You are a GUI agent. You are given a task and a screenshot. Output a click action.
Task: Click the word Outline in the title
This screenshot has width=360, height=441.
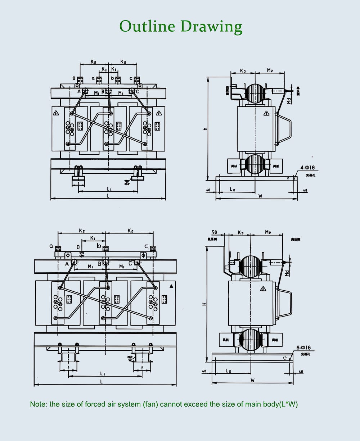click(147, 27)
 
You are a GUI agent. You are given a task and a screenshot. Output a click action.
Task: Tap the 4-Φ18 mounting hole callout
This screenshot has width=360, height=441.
click(308, 168)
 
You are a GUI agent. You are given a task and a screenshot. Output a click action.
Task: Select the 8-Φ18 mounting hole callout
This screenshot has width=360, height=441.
click(303, 348)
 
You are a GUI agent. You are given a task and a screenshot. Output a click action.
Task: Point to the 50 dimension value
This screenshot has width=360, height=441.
click(214, 232)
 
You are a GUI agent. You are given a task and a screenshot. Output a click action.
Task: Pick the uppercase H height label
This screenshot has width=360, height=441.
click(204, 304)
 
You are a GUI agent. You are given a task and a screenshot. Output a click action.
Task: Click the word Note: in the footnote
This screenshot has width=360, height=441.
click(39, 404)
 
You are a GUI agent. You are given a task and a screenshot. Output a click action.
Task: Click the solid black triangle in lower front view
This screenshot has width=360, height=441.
click(171, 286)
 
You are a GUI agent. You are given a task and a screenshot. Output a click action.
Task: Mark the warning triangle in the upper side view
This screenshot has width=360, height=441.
click(266, 114)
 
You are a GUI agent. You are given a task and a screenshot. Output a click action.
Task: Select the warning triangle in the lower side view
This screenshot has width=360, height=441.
click(263, 288)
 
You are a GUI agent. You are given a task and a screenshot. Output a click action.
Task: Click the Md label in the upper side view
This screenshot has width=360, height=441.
click(288, 101)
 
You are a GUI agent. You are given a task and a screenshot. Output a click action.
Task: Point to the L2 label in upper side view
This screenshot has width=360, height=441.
click(233, 189)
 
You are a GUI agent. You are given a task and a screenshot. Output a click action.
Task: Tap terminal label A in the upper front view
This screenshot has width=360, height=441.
click(79, 92)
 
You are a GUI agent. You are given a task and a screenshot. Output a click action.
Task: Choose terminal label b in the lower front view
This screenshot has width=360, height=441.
click(99, 246)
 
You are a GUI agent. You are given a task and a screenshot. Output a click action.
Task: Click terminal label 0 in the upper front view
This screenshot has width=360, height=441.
click(74, 78)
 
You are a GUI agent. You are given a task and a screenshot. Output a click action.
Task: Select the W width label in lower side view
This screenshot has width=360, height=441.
click(252, 381)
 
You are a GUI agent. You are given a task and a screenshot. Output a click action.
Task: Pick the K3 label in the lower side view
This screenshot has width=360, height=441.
click(240, 233)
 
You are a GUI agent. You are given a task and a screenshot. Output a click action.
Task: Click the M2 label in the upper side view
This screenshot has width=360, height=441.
click(270, 70)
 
